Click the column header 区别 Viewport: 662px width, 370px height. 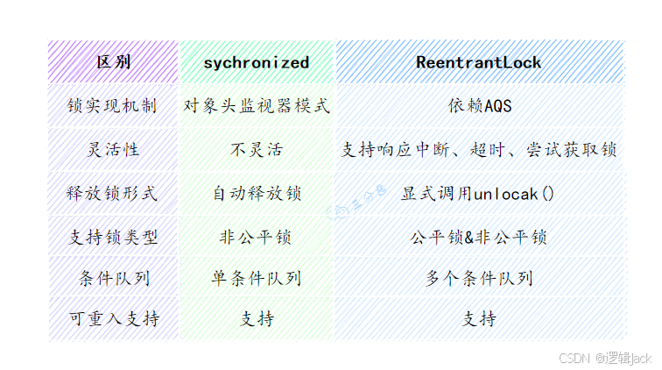(x=114, y=62)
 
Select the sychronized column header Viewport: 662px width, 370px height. (x=257, y=62)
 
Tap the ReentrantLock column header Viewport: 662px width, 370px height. (x=479, y=62)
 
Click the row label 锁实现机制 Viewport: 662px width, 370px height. (x=114, y=106)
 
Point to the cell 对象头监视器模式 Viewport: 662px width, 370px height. (x=257, y=106)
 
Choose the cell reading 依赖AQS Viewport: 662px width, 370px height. (x=479, y=106)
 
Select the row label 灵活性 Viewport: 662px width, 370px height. (x=114, y=150)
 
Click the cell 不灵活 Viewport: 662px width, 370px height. (x=257, y=150)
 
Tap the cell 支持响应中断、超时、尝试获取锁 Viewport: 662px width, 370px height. (x=479, y=150)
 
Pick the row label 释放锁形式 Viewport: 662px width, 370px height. (x=114, y=193)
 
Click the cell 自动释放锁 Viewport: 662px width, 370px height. (x=257, y=193)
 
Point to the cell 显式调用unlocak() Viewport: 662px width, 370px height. (x=479, y=193)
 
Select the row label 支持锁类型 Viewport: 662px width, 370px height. (x=114, y=237)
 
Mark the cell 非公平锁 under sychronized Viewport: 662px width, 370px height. (x=257, y=237)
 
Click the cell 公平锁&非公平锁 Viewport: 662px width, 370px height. (x=479, y=237)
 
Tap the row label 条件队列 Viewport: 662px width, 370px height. (x=114, y=279)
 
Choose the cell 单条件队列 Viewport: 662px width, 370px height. (x=257, y=279)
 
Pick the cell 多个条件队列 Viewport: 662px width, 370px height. (x=479, y=279)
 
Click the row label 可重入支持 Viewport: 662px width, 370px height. (x=114, y=319)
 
